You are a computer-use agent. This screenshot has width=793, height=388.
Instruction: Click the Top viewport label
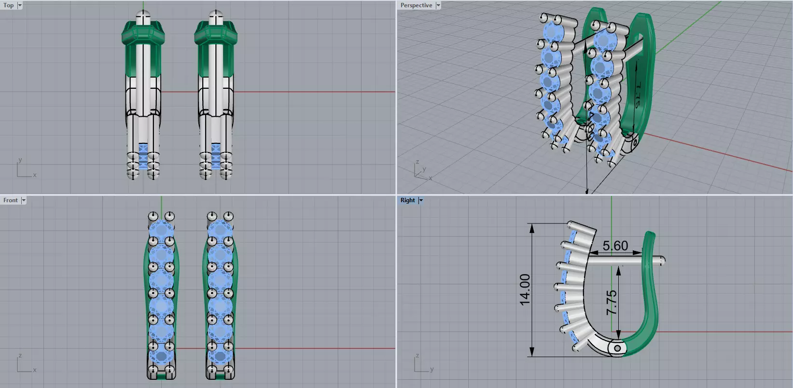tap(9, 5)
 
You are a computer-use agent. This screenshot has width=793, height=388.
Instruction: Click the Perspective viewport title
tap(416, 5)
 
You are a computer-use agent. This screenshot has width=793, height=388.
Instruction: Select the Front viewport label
tap(10, 200)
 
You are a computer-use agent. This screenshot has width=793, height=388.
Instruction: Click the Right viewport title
tap(407, 200)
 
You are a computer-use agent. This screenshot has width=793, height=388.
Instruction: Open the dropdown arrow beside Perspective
tap(438, 5)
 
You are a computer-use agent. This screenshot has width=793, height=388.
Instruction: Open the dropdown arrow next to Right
tap(421, 200)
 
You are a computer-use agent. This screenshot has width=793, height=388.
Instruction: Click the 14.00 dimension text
tap(525, 290)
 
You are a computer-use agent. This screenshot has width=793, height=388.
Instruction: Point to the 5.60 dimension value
tap(615, 246)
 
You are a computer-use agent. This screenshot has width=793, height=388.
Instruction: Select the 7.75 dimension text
tap(612, 303)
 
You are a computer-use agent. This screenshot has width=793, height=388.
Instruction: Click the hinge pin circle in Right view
tap(618, 348)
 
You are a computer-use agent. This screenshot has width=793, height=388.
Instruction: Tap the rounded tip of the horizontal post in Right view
tap(663, 261)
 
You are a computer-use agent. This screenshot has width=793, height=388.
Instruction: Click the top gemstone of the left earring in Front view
tap(161, 229)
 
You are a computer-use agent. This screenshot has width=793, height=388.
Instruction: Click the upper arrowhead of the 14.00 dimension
tap(532, 228)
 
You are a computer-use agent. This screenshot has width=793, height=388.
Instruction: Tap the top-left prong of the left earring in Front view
tap(153, 215)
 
